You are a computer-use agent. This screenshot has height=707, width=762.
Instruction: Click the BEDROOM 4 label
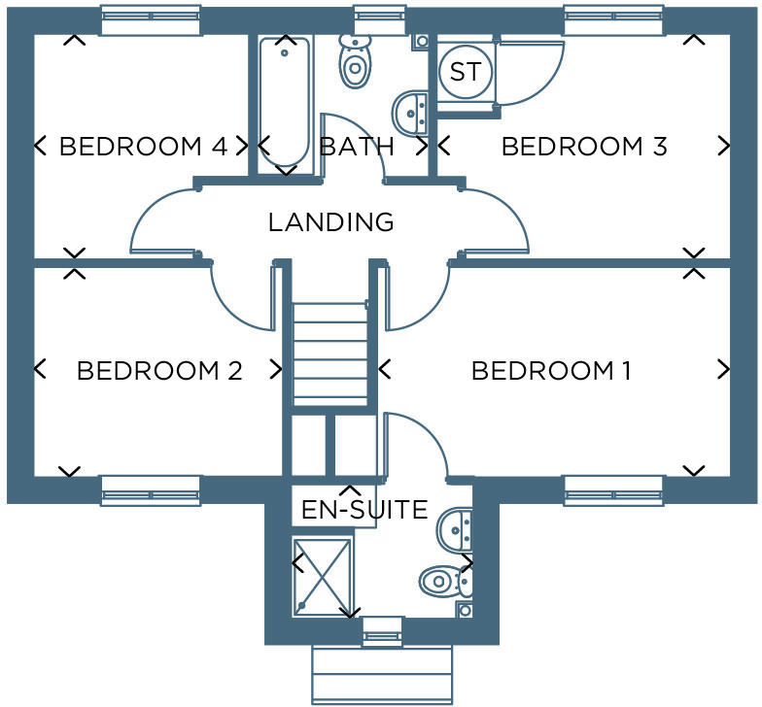pyautogui.click(x=143, y=147)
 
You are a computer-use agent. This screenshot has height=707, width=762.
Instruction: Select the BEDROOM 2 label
pyautogui.click(x=159, y=371)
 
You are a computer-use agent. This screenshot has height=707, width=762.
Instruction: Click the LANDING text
pyautogui.click(x=331, y=222)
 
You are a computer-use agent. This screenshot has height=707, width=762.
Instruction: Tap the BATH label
pyautogui.click(x=357, y=147)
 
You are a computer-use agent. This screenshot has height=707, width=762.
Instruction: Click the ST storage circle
pyautogui.click(x=465, y=73)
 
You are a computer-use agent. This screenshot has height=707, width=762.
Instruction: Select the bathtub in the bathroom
pyautogui.click(x=284, y=102)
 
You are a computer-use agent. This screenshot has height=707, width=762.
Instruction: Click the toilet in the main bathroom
pyautogui.click(x=355, y=63)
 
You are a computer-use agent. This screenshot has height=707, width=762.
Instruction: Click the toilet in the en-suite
pyautogui.click(x=445, y=582)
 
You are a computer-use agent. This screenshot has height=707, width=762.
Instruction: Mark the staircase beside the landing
pyautogui.click(x=330, y=354)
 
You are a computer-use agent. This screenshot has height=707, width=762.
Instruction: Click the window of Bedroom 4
pyautogui.click(x=150, y=19)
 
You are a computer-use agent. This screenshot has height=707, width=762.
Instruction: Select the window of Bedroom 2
pyautogui.click(x=150, y=490)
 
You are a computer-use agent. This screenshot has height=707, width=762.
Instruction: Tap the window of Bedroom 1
pyautogui.click(x=613, y=490)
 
